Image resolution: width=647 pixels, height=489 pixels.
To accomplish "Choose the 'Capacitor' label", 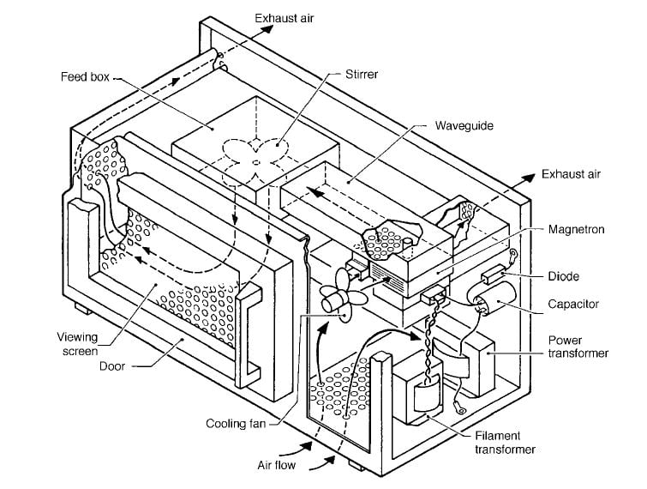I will coord(573,305).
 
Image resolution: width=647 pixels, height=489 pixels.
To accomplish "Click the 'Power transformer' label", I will coord(578,346).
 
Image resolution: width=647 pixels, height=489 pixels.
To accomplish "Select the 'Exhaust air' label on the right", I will coord(570,174).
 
